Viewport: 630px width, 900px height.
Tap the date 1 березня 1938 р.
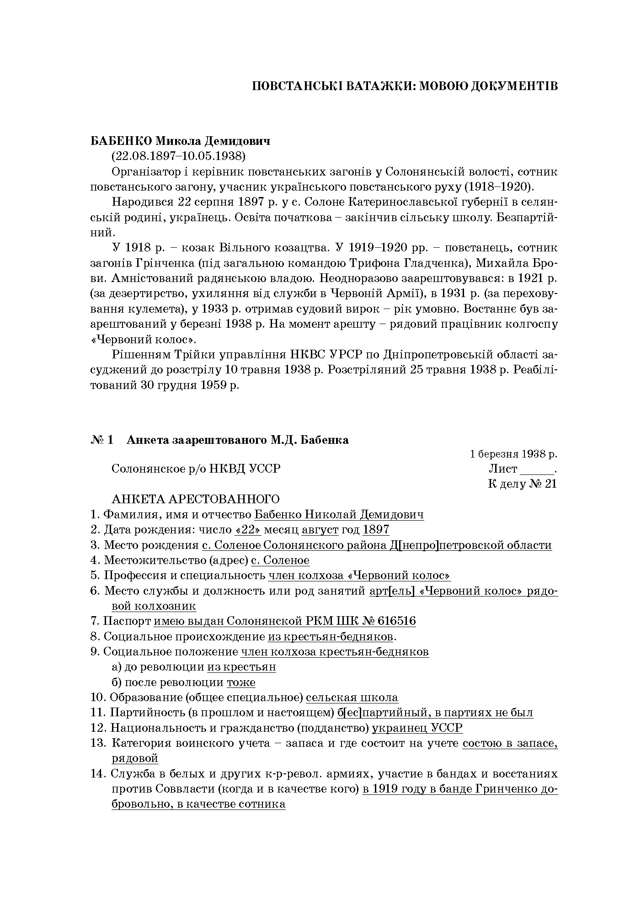pyautogui.click(x=513, y=454)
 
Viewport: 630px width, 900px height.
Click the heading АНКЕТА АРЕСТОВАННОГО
pyautogui.click(x=196, y=499)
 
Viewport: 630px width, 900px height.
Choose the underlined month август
pyautogui.click(x=320, y=530)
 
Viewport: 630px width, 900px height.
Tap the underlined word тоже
pyautogui.click(x=241, y=682)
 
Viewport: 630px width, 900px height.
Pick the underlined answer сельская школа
pyautogui.click(x=352, y=698)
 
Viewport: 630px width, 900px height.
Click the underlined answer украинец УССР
pyautogui.click(x=417, y=728)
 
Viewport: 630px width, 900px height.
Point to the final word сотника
pyautogui.click(x=262, y=804)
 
